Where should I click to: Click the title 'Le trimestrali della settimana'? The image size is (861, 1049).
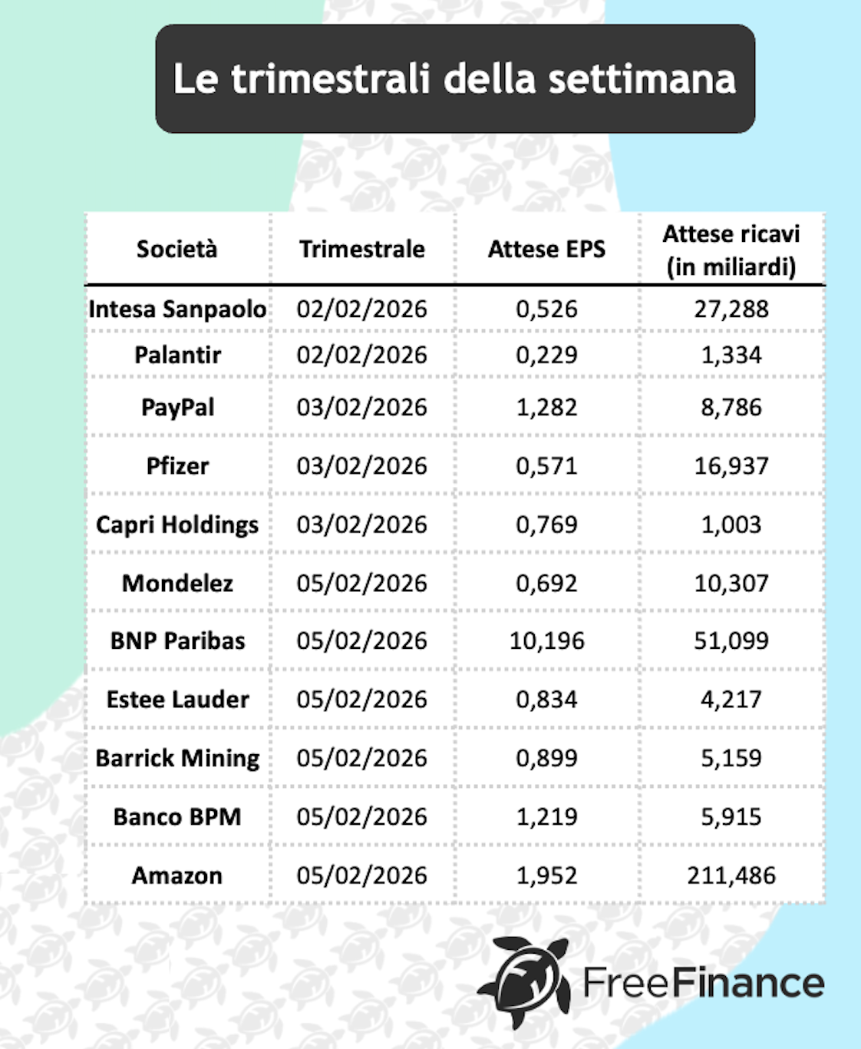[454, 79]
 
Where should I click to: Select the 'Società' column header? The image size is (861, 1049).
[177, 249]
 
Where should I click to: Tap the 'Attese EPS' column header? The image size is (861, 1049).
[546, 249]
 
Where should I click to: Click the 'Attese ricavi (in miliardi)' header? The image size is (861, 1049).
[731, 250]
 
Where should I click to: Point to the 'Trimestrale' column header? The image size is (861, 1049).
[361, 249]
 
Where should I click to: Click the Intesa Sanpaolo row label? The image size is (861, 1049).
[177, 309]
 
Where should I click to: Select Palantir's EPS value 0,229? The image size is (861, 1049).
[546, 355]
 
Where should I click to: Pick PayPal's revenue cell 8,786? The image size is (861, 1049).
[731, 407]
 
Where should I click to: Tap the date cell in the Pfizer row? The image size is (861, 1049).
[361, 465]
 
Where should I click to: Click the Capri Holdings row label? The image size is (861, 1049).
[177, 524]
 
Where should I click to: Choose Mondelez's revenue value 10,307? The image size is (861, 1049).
[731, 583]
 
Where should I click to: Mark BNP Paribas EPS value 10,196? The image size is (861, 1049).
[546, 640]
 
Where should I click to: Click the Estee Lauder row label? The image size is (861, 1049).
[177, 700]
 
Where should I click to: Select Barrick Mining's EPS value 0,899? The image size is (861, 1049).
[546, 758]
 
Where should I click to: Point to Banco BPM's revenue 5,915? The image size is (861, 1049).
[731, 816]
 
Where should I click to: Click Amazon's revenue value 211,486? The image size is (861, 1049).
[731, 875]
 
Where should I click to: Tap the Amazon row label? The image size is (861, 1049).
[177, 875]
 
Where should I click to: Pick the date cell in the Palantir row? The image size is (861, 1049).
[361, 355]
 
